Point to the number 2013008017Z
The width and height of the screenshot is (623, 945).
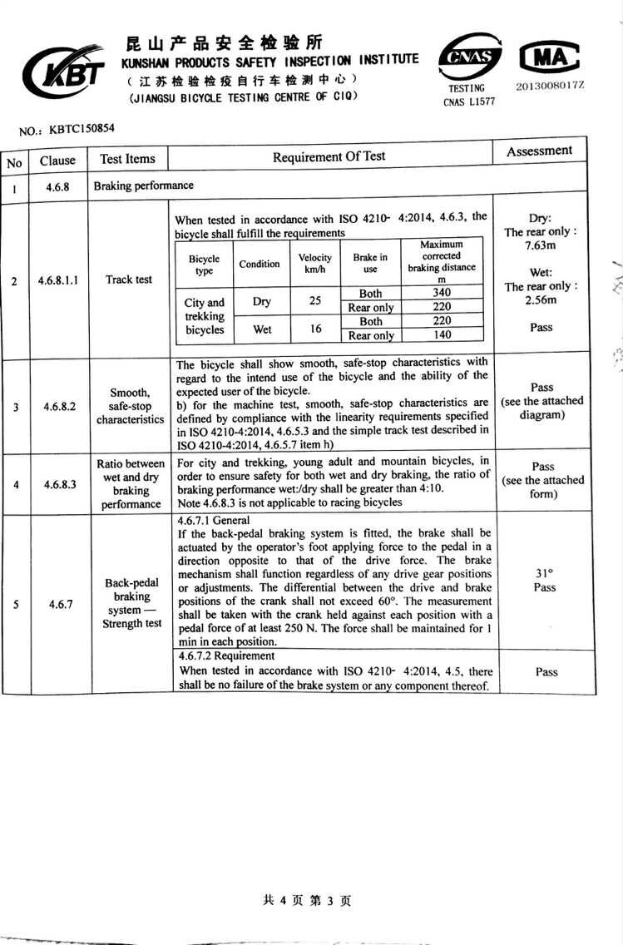(550, 86)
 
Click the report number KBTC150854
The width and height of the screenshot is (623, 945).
(81, 129)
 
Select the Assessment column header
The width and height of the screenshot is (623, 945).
(539, 151)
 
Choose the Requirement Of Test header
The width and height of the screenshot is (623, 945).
(329, 156)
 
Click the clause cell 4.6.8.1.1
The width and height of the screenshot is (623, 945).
(58, 280)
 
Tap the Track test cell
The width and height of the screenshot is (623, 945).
(129, 280)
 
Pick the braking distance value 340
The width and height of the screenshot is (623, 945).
(442, 292)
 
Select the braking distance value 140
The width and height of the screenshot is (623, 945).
(442, 334)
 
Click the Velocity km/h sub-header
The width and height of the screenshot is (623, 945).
(314, 264)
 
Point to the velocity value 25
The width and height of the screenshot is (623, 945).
(314, 300)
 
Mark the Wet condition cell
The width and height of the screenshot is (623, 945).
(261, 329)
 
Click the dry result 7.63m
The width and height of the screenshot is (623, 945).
(541, 246)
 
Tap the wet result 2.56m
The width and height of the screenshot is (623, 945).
(541, 300)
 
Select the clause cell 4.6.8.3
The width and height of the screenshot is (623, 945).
(58, 484)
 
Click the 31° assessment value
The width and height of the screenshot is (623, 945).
(545, 573)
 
